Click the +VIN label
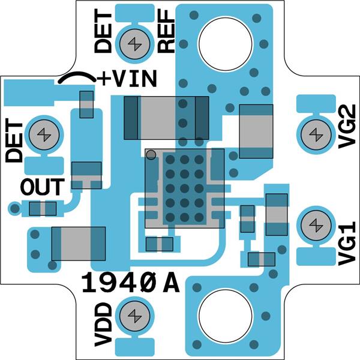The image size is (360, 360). (x=128, y=79)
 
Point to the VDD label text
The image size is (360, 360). (x=103, y=325)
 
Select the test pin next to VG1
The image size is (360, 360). (x=314, y=226)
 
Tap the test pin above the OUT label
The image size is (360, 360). (x=44, y=134)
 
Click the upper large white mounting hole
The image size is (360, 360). (x=225, y=44)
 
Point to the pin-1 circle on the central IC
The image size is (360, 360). (x=151, y=155)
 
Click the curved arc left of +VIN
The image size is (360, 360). (x=76, y=78)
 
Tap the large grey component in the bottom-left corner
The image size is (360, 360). (x=78, y=244)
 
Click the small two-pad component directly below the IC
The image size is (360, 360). (x=160, y=244)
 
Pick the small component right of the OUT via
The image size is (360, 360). (x=43, y=209)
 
